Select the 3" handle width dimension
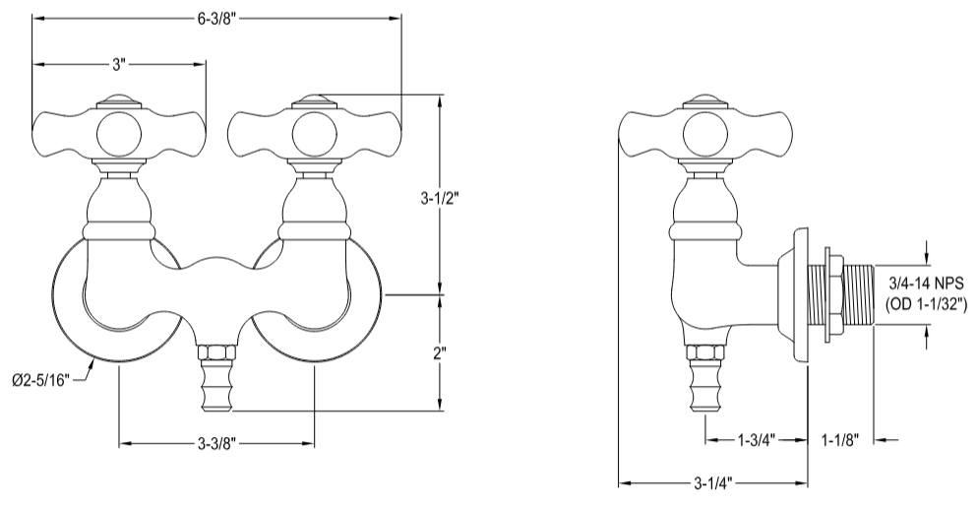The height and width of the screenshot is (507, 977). (119, 64)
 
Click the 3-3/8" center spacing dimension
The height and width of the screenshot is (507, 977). (215, 444)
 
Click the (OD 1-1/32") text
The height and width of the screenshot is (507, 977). (925, 304)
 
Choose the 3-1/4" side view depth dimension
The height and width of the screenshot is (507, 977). (712, 483)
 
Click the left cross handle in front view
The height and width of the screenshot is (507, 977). (120, 130)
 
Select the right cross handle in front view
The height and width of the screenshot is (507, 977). (314, 130)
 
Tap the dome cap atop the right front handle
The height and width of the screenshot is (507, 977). (314, 99)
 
